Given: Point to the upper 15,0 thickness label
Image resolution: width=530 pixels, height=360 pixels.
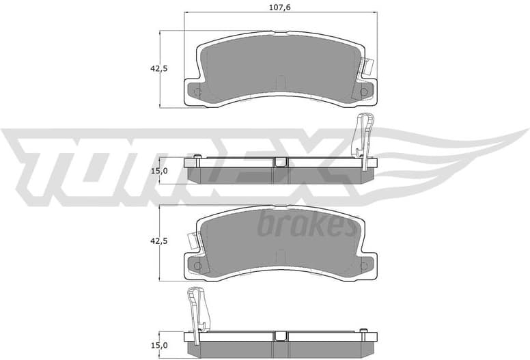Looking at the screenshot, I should [158, 171].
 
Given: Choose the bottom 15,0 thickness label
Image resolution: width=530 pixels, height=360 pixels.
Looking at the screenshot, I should [158, 346].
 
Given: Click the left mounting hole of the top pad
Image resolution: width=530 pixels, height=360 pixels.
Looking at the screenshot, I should [197, 92].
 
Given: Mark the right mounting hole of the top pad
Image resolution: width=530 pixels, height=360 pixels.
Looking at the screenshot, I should [364, 92].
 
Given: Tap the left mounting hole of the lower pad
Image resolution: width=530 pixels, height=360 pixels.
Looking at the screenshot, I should [197, 266].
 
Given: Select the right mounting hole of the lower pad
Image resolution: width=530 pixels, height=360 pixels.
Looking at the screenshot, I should [364, 266].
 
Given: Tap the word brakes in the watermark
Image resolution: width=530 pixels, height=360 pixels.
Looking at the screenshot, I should [307, 225].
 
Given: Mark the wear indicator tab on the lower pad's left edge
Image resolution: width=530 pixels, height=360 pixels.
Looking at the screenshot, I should [194, 241].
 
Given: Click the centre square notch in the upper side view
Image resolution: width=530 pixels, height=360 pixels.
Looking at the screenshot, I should [280, 162].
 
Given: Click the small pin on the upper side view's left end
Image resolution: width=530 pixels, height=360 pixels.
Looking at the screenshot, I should [197, 158].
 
